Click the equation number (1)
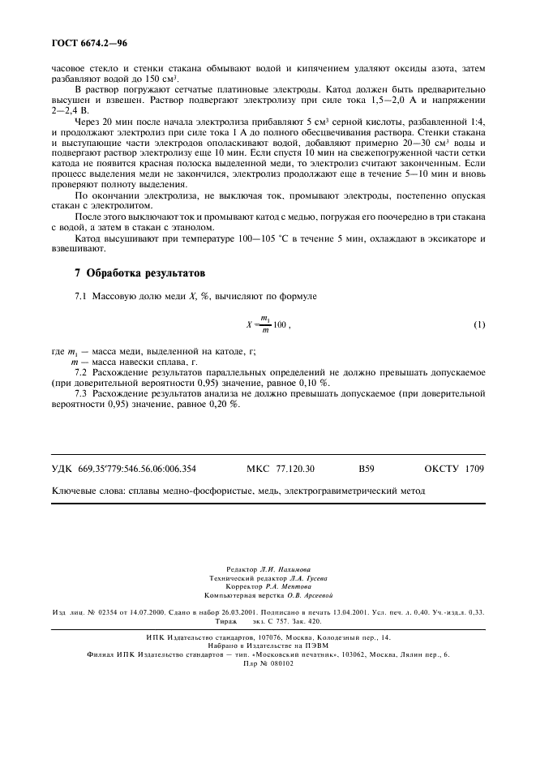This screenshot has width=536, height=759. click(x=479, y=325)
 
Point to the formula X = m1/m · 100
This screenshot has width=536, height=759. click(x=267, y=325)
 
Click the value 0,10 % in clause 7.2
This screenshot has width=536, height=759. click(x=314, y=381)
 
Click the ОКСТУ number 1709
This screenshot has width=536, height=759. click(x=474, y=469)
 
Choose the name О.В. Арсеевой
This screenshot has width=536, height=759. click(x=304, y=594)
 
